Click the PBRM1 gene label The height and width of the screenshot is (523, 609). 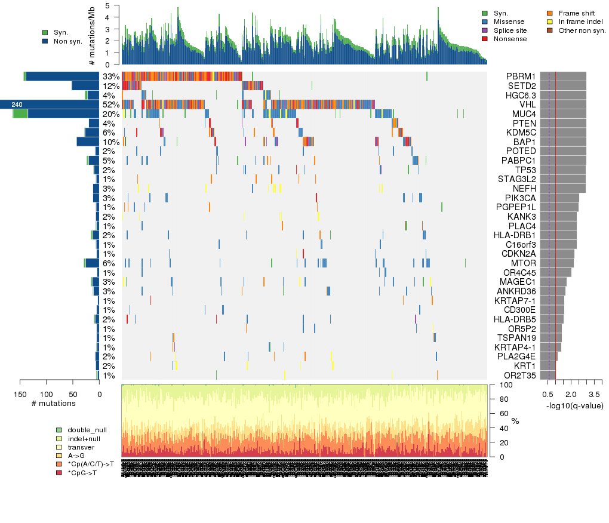coord(521,76)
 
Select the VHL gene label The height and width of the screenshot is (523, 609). coord(527,104)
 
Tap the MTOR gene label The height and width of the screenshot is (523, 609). coord(524,263)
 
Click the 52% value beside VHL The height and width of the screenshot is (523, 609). coord(112,104)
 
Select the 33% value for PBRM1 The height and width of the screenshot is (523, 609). coord(112,76)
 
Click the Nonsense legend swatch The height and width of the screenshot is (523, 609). coord(485,39)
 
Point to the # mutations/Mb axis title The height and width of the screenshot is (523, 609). coord(91,35)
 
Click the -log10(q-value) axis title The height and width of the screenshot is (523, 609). coord(574,406)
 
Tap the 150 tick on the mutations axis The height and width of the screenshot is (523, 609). coord(21,394)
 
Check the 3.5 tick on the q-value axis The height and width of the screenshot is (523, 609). coord(594,394)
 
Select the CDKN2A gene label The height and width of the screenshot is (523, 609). coord(521,254)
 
